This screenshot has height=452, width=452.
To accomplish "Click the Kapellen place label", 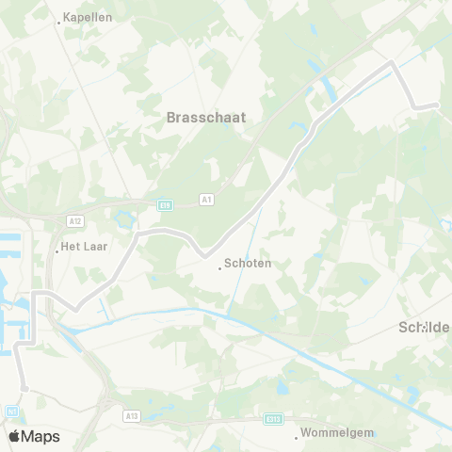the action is (88, 18).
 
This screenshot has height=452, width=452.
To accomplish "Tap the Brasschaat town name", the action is (205, 118).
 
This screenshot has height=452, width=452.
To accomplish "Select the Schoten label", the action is (249, 264).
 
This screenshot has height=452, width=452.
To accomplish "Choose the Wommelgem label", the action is (337, 435).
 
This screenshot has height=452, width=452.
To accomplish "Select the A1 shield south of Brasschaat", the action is (207, 200).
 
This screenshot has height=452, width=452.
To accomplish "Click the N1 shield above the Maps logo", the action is (11, 411).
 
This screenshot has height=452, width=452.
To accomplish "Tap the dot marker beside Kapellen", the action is (58, 23).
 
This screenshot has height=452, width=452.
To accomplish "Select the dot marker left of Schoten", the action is (219, 268).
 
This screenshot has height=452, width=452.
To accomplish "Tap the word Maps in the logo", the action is (41, 436).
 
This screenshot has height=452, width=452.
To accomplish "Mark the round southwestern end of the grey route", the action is (24, 387).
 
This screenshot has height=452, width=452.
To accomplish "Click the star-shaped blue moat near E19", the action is (123, 219).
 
